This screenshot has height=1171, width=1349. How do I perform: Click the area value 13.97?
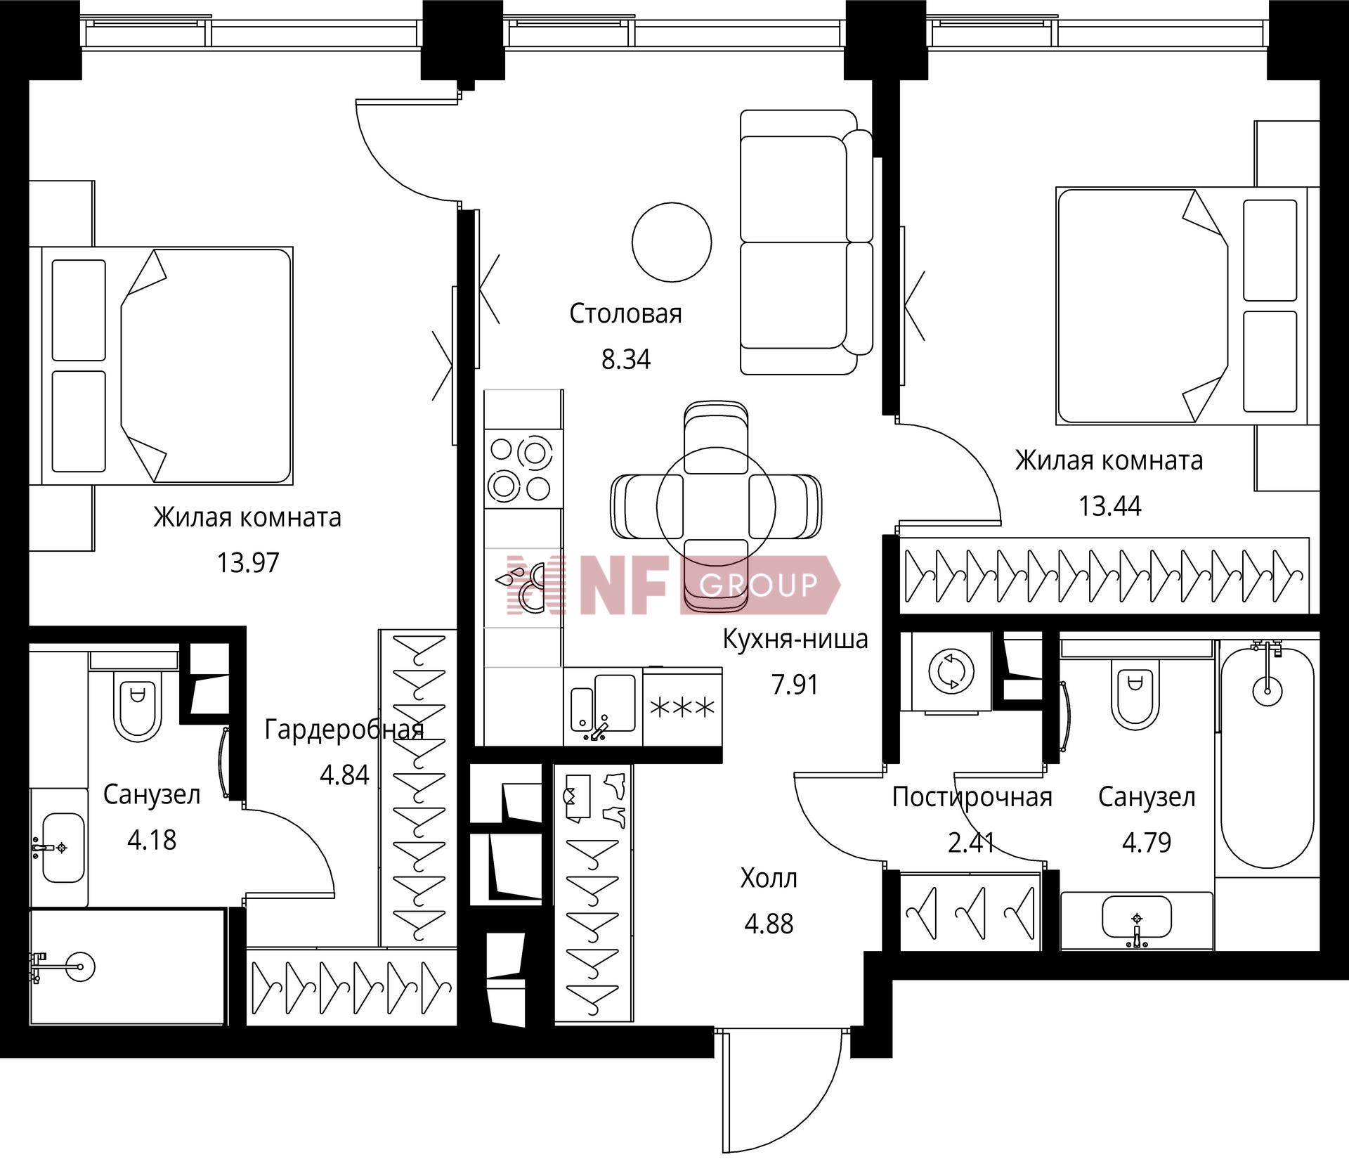pyautogui.click(x=248, y=563)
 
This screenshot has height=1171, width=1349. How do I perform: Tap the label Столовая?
pyautogui.click(x=625, y=313)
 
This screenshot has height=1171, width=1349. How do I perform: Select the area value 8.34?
pyautogui.click(x=626, y=359)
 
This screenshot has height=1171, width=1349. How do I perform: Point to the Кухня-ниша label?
pyautogui.click(x=795, y=639)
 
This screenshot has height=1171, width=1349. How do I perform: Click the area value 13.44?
pyautogui.click(x=1110, y=506)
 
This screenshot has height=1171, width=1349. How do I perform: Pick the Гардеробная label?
pyautogui.click(x=344, y=731)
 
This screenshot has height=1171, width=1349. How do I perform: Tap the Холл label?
pyautogui.click(x=769, y=879)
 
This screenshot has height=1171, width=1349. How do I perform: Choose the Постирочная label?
pyautogui.click(x=972, y=798)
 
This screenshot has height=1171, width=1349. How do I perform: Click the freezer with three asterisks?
pyautogui.click(x=683, y=706)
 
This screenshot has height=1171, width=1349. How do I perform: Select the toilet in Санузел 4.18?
pyautogui.click(x=138, y=703)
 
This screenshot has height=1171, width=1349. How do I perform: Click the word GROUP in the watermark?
pyautogui.click(x=760, y=584)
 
